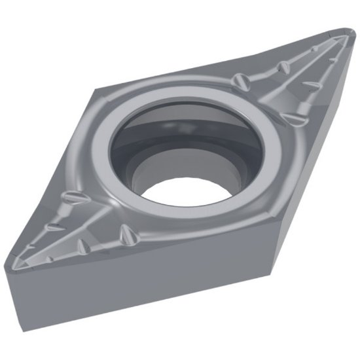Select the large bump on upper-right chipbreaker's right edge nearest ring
[295, 117]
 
